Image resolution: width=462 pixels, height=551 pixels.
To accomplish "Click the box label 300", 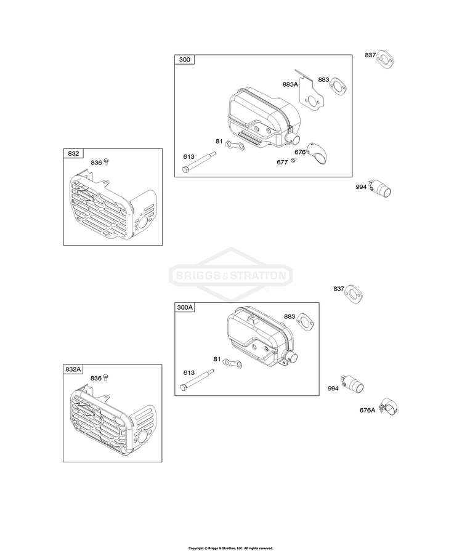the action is coord(184,59).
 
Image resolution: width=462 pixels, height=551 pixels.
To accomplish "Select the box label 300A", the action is coord(185,307).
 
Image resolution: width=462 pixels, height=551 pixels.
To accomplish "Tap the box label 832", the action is coord(73,153).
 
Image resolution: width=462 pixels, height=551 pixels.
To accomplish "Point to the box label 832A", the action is coord(73,369).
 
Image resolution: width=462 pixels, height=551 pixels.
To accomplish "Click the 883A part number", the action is coord(290,84).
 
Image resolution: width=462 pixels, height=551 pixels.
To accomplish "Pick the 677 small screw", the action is coord(294,161).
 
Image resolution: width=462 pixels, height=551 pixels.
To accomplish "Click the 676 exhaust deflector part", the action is coord(317,153).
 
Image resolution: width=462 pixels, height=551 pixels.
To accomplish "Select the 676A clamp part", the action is coord(389,406).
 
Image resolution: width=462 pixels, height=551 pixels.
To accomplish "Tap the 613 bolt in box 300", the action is coord(199,162).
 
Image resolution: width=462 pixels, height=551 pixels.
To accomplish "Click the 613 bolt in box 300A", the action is coord(197,379).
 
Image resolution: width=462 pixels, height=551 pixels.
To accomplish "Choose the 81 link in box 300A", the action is coord(232,363).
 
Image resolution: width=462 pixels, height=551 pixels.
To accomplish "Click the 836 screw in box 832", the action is coord(107,162).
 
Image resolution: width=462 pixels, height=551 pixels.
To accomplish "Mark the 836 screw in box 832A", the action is coord(106,377).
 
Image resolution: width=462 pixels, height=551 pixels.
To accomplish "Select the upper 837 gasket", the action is coord(386,61).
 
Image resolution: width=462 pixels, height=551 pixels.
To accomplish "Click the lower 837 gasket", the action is coord(354,294).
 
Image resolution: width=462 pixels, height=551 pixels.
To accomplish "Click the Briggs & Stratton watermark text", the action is coord(231,275).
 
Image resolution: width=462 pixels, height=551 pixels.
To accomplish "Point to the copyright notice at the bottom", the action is coord(230,548).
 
